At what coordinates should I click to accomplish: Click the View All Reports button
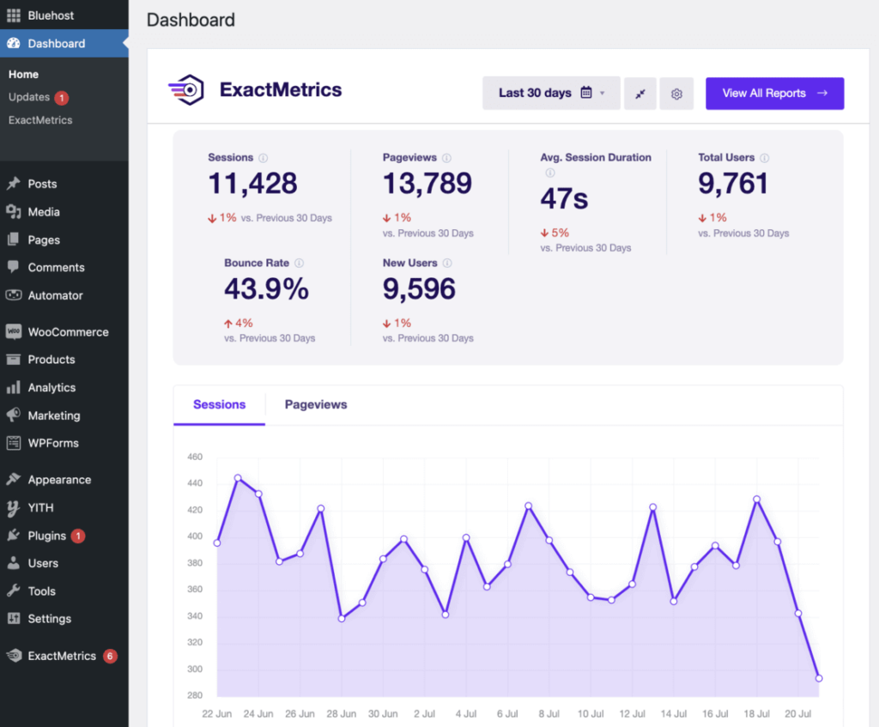(774, 94)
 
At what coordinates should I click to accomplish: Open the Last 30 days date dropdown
(550, 94)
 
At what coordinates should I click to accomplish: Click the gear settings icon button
(676, 94)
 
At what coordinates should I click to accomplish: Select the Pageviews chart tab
(316, 404)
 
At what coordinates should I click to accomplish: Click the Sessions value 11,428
(252, 184)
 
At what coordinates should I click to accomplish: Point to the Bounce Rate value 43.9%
(266, 289)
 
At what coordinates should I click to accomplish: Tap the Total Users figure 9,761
(733, 184)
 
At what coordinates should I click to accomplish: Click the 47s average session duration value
(564, 199)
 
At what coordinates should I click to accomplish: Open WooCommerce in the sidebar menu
(68, 332)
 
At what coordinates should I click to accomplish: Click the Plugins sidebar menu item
(47, 536)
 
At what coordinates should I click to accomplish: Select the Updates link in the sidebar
(29, 97)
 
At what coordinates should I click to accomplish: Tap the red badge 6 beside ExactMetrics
(110, 657)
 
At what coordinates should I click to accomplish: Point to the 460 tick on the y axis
(194, 457)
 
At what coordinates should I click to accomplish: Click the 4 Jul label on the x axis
(466, 713)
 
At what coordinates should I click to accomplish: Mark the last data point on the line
(819, 678)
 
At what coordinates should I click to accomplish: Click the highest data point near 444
(238, 478)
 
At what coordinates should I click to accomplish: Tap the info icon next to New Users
(447, 264)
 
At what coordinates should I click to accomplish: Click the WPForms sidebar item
(52, 444)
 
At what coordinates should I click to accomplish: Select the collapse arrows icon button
(640, 94)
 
